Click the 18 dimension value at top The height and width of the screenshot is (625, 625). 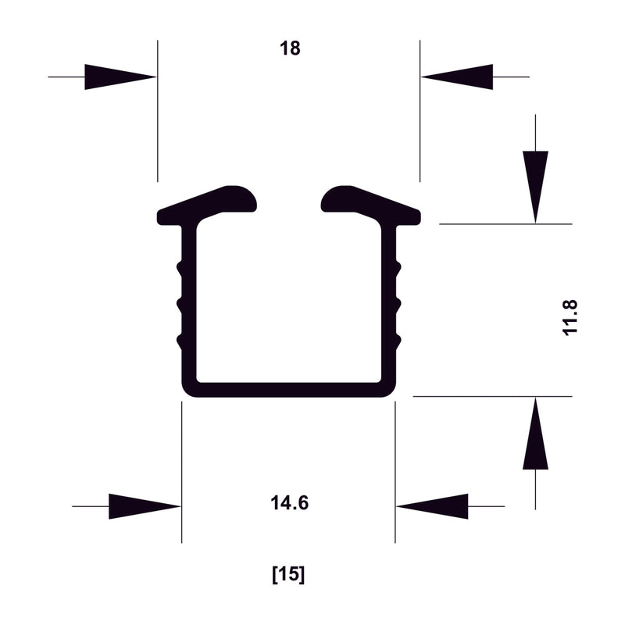pos(290,48)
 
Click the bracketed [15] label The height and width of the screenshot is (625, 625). pos(288,575)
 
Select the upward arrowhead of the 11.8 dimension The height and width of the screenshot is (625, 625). pos(535,434)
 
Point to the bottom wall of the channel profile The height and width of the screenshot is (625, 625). pos(288,389)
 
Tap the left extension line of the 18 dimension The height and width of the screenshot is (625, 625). pos(157,109)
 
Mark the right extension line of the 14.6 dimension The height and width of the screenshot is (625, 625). pos(395,469)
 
